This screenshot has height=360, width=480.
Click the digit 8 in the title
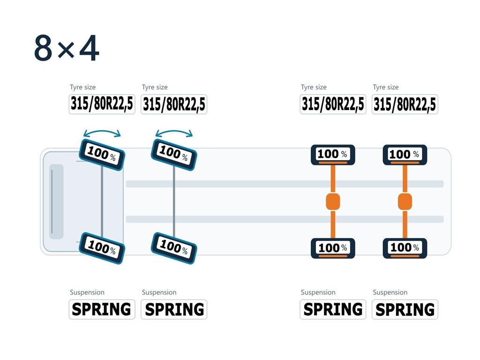click(x=43, y=48)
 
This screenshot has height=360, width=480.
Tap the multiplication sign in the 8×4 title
click(x=66, y=50)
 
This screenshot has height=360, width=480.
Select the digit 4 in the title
click(x=89, y=48)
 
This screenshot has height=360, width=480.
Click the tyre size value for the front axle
click(x=102, y=104)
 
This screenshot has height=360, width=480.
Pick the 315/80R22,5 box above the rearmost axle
click(x=405, y=104)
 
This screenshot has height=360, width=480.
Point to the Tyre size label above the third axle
click(x=314, y=87)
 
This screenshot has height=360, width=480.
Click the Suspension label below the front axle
click(x=87, y=292)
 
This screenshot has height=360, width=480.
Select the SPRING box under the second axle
click(x=174, y=309)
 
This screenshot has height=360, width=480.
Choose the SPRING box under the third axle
click(x=333, y=309)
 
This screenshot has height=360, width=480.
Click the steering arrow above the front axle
click(x=102, y=131)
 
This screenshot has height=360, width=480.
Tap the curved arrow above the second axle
click(x=174, y=131)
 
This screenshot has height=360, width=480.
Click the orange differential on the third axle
click(x=333, y=202)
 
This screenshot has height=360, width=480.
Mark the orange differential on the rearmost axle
click(x=405, y=202)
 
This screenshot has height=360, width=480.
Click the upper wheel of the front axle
click(x=102, y=155)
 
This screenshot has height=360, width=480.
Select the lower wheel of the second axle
click(x=174, y=248)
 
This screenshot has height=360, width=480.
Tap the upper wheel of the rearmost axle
click(x=405, y=155)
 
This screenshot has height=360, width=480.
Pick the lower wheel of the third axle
click(x=333, y=248)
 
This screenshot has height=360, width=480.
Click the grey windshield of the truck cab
click(x=56, y=202)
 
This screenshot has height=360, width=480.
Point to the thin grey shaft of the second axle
click(x=174, y=202)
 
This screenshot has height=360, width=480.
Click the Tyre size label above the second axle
click(x=155, y=87)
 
